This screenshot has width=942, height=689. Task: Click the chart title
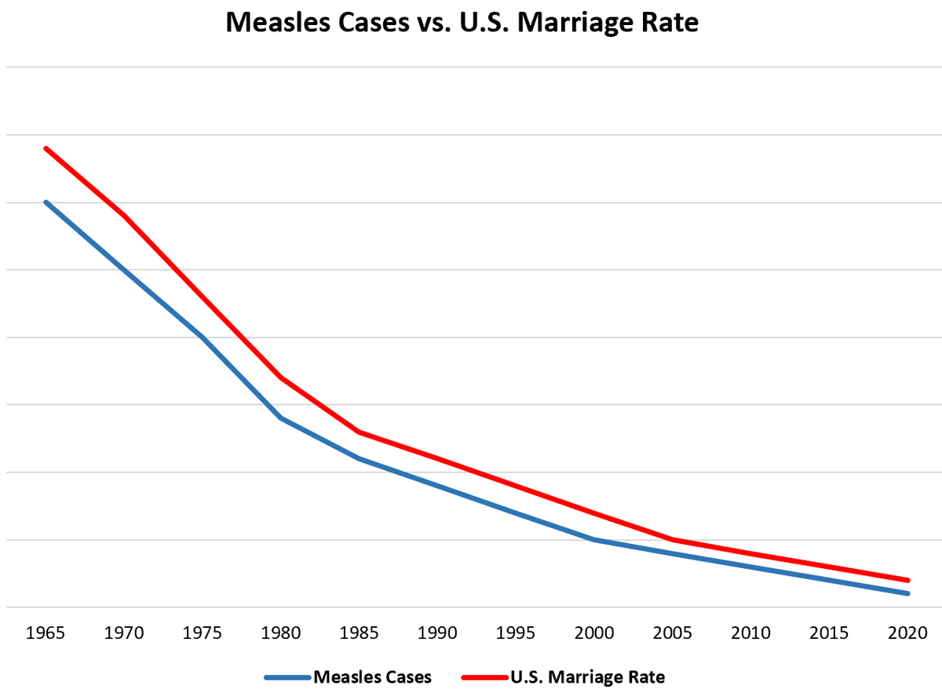[462, 22]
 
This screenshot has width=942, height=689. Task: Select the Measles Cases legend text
[373, 676]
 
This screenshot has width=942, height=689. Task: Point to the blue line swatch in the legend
[288, 676]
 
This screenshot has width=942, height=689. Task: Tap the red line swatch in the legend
[484, 676]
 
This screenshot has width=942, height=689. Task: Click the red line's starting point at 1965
[46, 148]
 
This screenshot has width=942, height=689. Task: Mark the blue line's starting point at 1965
[46, 202]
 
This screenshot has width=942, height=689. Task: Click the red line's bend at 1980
[281, 377]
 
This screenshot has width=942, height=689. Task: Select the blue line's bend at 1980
[281, 418]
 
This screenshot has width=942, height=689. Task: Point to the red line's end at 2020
[908, 580]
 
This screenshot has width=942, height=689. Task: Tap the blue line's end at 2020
[908, 593]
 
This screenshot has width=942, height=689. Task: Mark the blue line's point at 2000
[594, 540]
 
